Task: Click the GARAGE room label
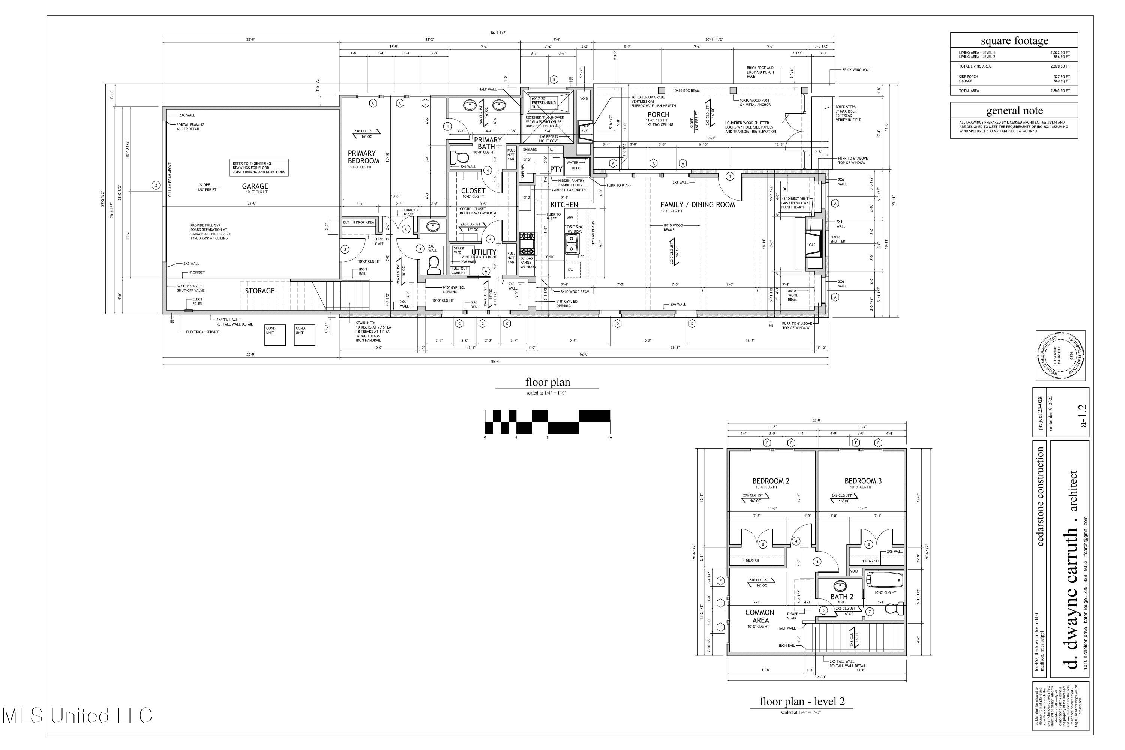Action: click(255, 186)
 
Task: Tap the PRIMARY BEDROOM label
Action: click(363, 157)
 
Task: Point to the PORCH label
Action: click(658, 114)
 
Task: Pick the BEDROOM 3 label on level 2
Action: click(863, 481)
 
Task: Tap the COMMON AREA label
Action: click(760, 616)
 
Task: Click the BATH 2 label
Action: click(841, 597)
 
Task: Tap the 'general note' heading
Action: click(1014, 111)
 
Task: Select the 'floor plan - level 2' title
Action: click(802, 702)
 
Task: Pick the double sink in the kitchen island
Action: click(571, 243)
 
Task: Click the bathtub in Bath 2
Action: click(885, 580)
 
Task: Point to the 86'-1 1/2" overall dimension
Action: click(498, 33)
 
